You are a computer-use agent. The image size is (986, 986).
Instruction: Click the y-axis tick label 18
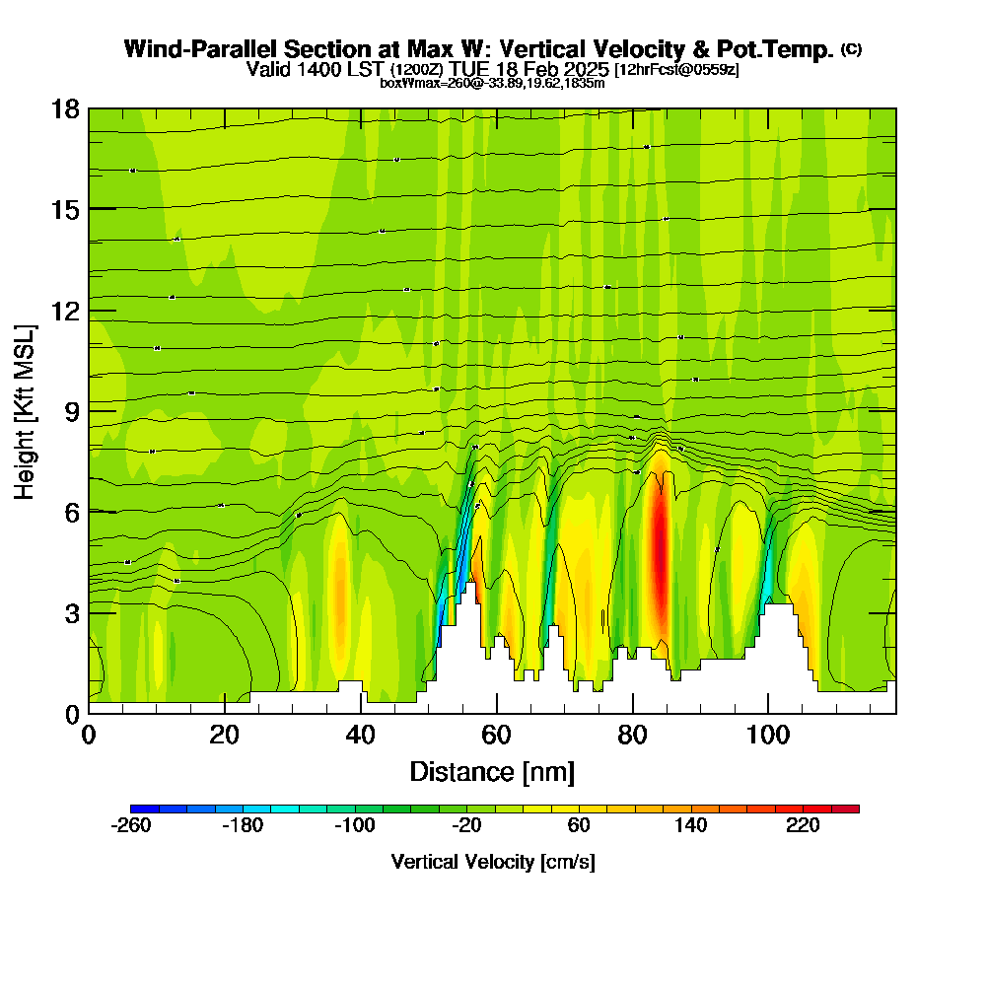[x=65, y=108]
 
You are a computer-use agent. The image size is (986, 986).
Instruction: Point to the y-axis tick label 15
[x=65, y=210]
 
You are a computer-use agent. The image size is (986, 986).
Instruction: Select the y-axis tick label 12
[x=65, y=311]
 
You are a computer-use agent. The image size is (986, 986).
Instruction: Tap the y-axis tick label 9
[x=72, y=411]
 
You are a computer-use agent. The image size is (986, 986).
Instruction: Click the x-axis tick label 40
[x=361, y=735]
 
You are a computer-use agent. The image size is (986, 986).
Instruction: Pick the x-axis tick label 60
[x=497, y=735]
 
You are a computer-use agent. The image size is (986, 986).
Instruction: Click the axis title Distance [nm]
[x=492, y=770]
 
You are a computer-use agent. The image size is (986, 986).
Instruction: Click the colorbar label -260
[x=131, y=826]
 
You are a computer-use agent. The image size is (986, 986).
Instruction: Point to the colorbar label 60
[x=579, y=826]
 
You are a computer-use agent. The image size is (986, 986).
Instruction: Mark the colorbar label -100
[x=355, y=826]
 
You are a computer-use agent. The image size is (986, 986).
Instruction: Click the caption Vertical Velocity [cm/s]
[x=493, y=862]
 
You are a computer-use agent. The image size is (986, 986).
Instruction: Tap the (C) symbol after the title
[x=851, y=48]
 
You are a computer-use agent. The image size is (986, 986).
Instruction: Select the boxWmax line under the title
[x=492, y=83]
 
